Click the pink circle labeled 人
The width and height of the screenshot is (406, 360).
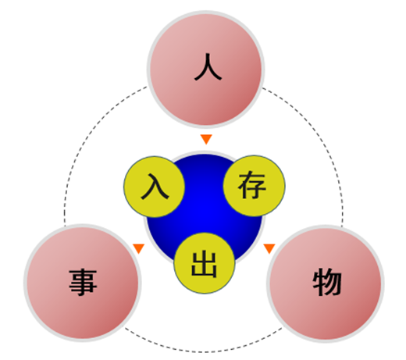point(206,70)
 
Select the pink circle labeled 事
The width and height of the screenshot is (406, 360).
point(83,283)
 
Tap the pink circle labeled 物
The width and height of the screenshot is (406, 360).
point(326,284)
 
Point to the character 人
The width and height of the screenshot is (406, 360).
point(208,66)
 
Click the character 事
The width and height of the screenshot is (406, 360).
point(83,283)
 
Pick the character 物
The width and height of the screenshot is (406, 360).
point(327,283)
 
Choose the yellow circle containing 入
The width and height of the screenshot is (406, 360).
point(155,187)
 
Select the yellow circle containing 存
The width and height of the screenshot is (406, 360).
point(255,186)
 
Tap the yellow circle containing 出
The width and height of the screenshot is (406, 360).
point(205,263)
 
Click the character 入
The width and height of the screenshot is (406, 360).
point(155,187)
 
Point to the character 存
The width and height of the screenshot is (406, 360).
point(252,185)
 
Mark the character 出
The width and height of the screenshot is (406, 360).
point(204,264)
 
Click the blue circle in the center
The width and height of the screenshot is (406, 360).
point(205,211)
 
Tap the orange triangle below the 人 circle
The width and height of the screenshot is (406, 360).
point(206,138)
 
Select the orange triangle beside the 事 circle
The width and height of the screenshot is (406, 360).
point(139,248)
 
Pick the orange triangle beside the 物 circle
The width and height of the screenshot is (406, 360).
point(269,248)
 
